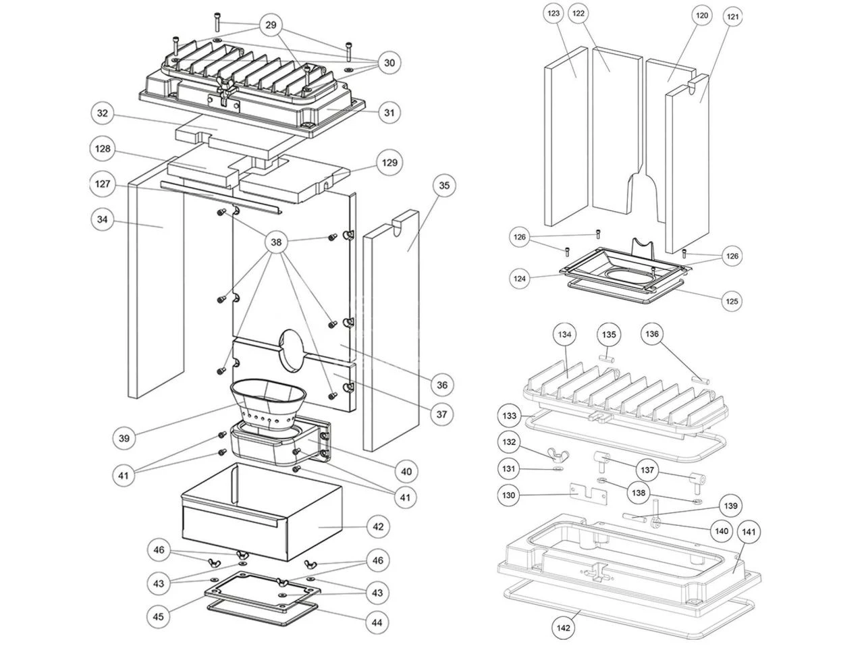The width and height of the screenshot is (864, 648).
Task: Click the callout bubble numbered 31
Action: (389, 113)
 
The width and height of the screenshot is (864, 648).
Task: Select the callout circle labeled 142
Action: (564, 628)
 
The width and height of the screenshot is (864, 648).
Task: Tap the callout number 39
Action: (124, 438)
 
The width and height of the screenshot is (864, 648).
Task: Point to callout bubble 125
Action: (732, 300)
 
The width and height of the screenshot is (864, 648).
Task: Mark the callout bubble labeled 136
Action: (652, 334)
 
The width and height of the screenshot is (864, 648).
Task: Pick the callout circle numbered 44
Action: (377, 622)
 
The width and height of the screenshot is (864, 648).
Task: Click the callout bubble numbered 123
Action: (555, 14)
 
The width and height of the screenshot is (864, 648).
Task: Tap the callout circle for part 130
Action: (509, 495)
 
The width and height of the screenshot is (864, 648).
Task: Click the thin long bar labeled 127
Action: (219, 196)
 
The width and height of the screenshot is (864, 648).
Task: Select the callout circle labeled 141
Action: (749, 533)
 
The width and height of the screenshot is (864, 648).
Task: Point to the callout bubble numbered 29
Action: (271, 25)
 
